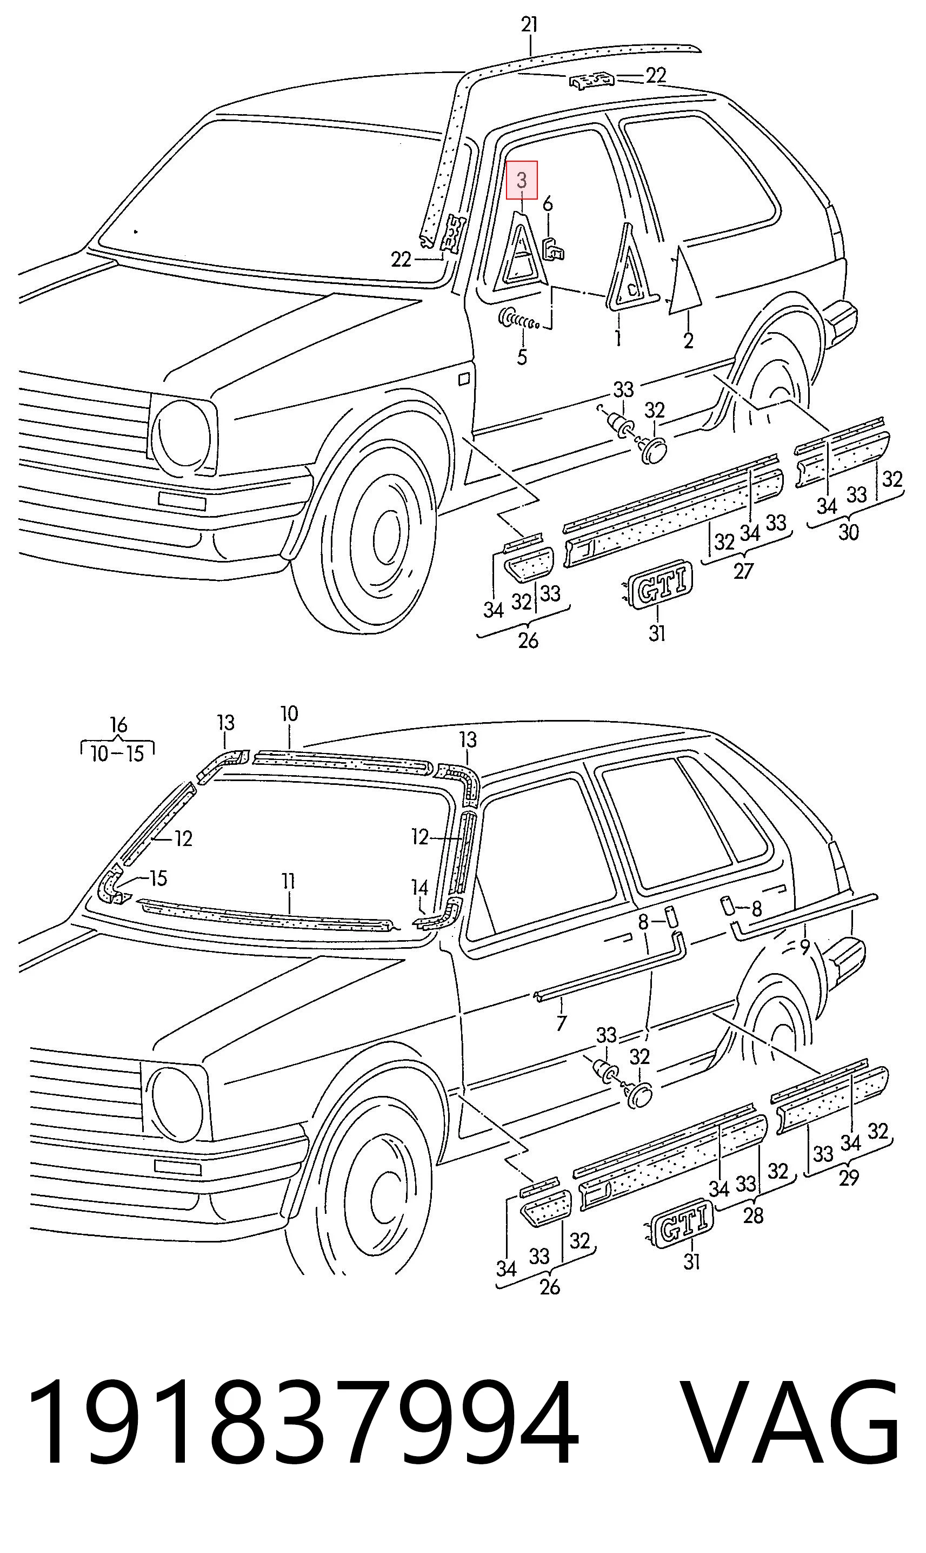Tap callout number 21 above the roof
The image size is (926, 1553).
(529, 25)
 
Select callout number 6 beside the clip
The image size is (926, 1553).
(547, 203)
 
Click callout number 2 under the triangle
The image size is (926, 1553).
(688, 341)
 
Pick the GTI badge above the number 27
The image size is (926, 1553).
(661, 583)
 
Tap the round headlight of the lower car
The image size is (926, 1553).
(177, 1103)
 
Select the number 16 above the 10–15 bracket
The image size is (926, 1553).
(118, 725)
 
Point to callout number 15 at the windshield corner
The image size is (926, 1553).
(158, 878)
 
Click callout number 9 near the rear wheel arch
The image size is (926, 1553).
(805, 947)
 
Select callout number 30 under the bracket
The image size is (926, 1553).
(848, 532)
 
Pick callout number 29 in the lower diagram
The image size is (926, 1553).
(849, 1178)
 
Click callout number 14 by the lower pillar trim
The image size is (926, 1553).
(419, 888)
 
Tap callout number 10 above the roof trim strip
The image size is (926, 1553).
(289, 713)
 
